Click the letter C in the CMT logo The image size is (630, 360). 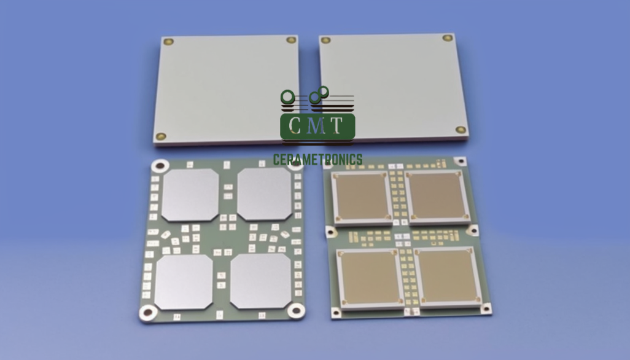pos(296,125)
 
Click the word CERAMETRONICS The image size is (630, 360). pos(318,160)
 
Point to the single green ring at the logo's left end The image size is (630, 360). pos(288,96)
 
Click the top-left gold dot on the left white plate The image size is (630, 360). pos(168,42)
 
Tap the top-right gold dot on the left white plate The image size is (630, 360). pos(291,40)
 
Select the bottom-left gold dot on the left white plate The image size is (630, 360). pos(161,136)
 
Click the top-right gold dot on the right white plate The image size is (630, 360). pos(448,37)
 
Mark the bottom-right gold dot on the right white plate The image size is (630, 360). pos(461,130)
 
